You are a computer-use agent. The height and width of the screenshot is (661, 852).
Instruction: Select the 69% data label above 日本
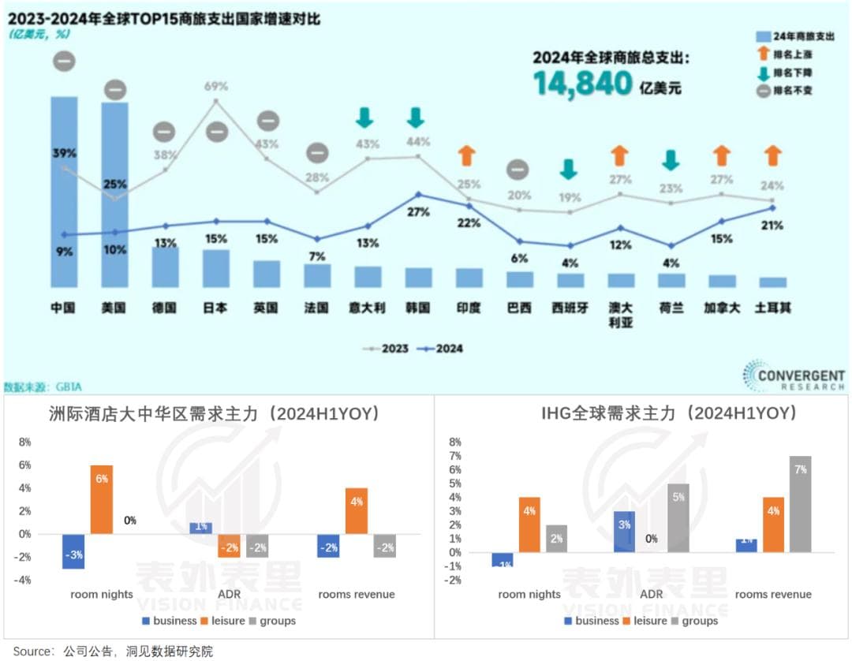click(215, 86)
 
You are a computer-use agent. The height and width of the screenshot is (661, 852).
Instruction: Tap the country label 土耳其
click(773, 308)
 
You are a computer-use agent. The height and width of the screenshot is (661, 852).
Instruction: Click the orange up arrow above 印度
click(466, 155)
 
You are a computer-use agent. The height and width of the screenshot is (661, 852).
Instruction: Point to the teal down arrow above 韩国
click(416, 118)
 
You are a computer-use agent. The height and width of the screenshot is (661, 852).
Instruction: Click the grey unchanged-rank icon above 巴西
click(518, 169)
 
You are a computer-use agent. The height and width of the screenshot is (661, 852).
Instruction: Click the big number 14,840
click(583, 83)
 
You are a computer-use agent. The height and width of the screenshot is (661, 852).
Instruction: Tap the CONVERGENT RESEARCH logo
click(794, 375)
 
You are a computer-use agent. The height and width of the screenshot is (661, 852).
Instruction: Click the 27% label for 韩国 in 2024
click(418, 212)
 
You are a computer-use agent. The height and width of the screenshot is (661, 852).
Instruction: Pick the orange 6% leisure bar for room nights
click(102, 499)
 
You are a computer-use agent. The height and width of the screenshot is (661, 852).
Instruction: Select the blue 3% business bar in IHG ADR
click(623, 531)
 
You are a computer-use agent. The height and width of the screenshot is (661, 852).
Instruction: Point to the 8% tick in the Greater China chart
click(25, 443)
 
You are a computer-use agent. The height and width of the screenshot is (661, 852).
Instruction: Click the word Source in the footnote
click(32, 652)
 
